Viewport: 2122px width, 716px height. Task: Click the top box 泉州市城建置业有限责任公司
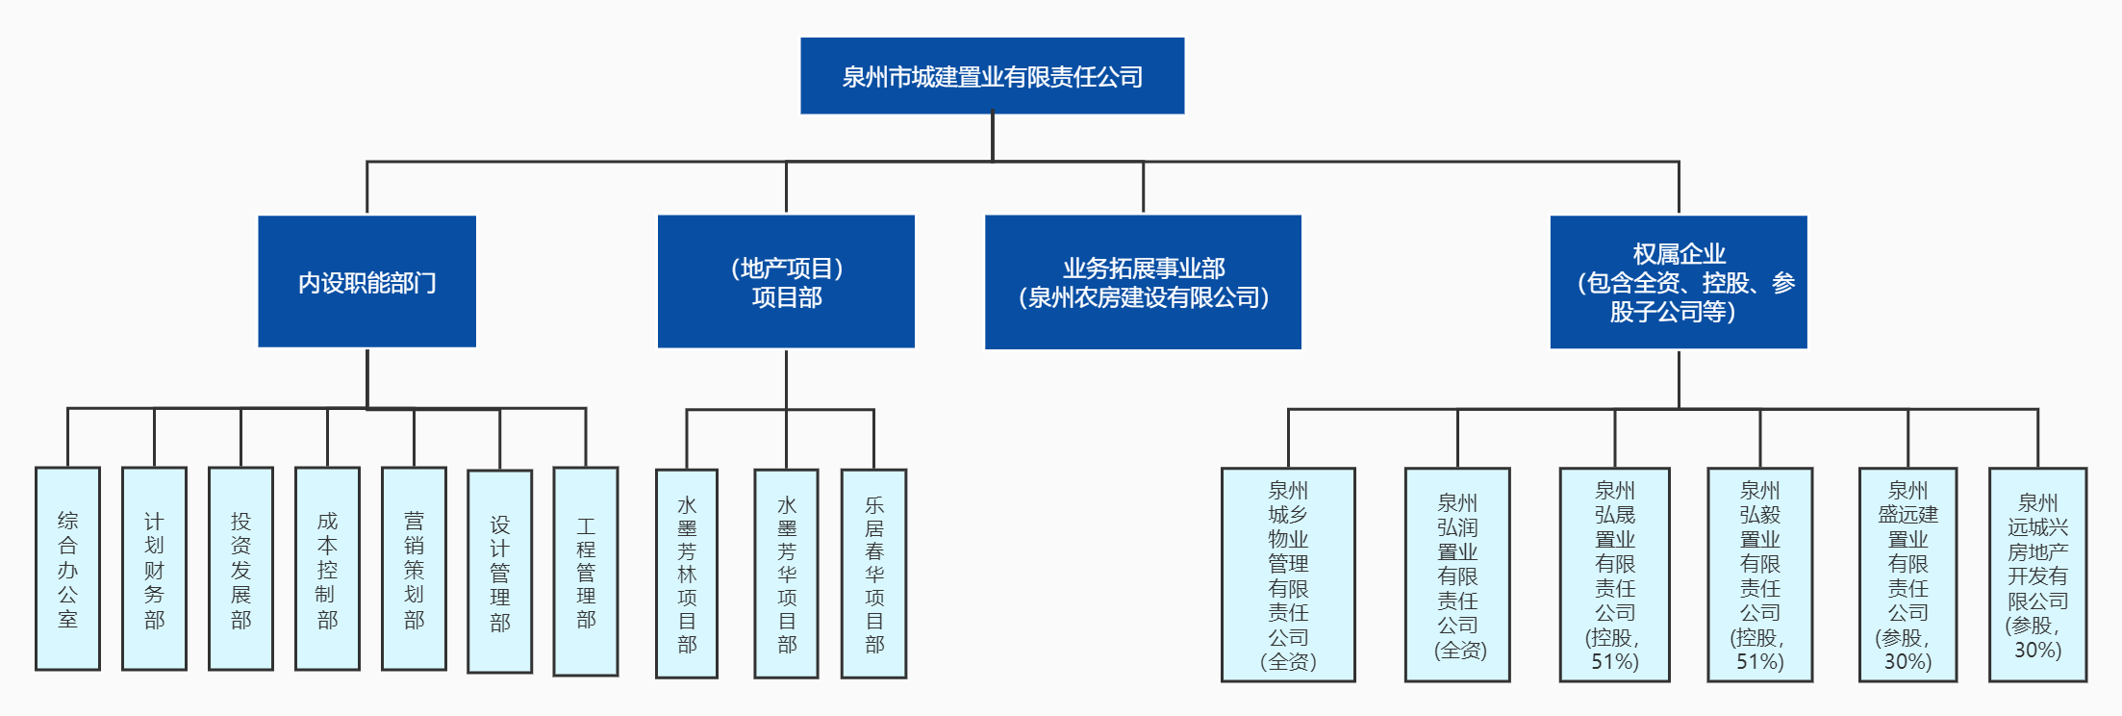tap(992, 76)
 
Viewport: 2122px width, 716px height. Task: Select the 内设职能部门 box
tap(366, 281)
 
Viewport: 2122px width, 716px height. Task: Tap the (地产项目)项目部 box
tap(786, 281)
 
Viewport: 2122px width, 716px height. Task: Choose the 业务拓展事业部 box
tap(1143, 282)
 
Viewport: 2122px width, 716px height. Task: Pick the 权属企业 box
tap(1678, 282)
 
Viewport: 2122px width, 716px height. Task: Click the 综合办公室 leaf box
tap(67, 569)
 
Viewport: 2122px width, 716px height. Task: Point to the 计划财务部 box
tap(154, 569)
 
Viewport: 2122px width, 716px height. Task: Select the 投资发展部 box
tap(240, 569)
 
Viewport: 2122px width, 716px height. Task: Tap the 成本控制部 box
tap(327, 569)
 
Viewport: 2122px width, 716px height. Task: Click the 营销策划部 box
tap(414, 569)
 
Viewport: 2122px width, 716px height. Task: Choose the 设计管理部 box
tap(499, 572)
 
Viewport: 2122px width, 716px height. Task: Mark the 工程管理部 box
tap(586, 572)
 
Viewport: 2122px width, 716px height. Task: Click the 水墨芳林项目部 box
tap(687, 574)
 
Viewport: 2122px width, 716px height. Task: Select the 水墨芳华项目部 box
tap(786, 574)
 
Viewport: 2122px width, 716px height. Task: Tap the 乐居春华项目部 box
tap(873, 574)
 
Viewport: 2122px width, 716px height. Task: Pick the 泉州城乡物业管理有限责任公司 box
tap(1288, 575)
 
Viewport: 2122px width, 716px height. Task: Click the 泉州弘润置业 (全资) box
tap(1457, 575)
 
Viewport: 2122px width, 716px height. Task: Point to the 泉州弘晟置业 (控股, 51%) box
tap(1614, 575)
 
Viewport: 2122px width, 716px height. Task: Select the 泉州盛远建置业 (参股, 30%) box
tap(1907, 575)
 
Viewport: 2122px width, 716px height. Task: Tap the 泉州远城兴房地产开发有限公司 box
tap(2037, 575)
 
